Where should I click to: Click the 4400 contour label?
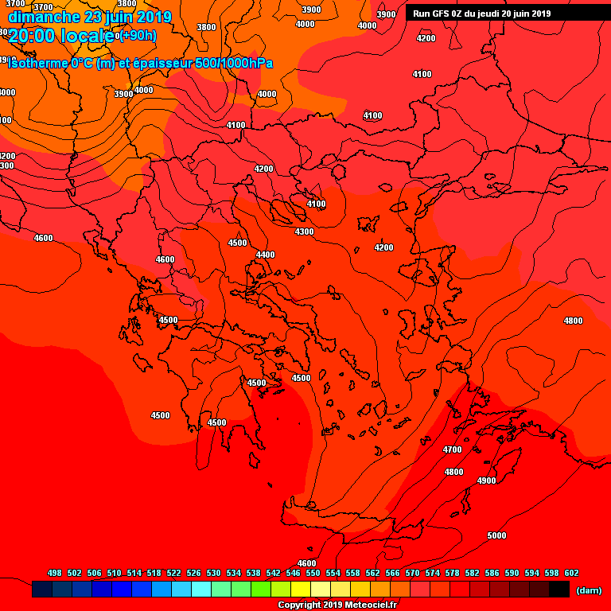265,255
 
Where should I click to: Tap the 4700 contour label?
452,449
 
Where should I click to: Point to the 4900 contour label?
486,481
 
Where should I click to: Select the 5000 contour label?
496,535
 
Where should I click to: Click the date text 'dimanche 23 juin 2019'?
90,17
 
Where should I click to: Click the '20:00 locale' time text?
61,35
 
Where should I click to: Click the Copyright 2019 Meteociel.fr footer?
337,605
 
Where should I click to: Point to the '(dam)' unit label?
588,590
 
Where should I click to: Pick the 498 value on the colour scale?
55,573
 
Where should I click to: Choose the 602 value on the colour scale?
571,573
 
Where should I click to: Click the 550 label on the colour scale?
313,573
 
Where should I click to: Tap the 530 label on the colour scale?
213,573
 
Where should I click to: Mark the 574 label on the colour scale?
432,573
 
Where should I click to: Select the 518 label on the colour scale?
154,573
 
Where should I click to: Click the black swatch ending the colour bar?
559,590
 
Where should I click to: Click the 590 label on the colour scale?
512,573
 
